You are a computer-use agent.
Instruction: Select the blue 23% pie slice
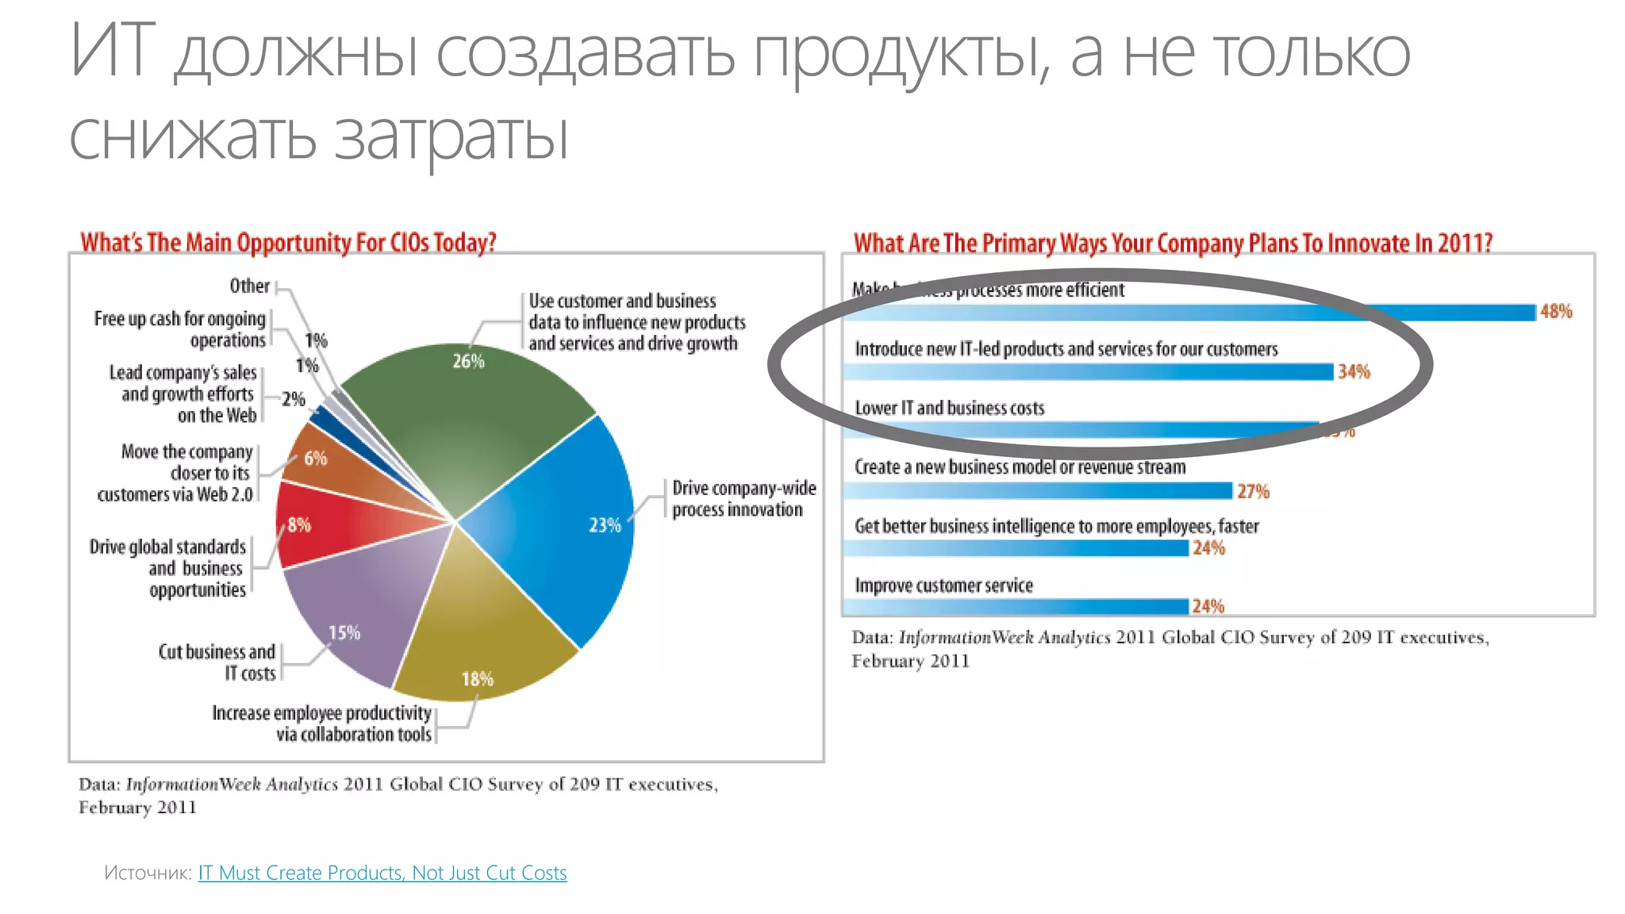(x=555, y=524)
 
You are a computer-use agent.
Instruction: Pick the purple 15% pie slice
(x=357, y=611)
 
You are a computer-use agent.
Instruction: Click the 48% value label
(x=1556, y=312)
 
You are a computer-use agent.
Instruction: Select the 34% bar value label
(x=1354, y=371)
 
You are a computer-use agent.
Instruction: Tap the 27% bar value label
(x=1253, y=491)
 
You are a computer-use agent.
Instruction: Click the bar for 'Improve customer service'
(x=1016, y=607)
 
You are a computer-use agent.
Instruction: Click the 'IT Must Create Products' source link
(x=382, y=873)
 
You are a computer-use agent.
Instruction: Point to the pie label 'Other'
(x=249, y=286)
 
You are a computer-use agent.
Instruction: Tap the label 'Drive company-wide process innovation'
(x=743, y=498)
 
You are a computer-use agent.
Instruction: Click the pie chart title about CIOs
(x=288, y=242)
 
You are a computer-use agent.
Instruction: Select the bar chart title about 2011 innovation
(x=1173, y=243)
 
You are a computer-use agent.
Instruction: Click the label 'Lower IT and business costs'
(x=949, y=408)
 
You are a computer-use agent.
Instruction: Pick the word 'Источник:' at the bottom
(x=148, y=873)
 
